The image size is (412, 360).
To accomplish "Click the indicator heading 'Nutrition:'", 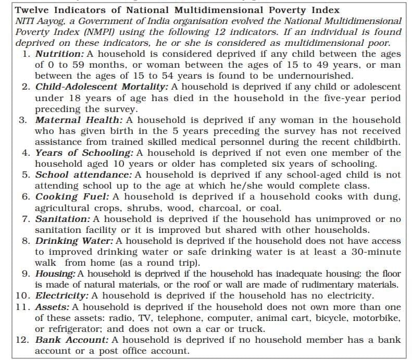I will pyautogui.click(x=58, y=54).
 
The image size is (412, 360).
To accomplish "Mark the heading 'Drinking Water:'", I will pyautogui.click(x=74, y=241).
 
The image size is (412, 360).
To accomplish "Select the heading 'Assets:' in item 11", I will pyautogui.click(x=52, y=307).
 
